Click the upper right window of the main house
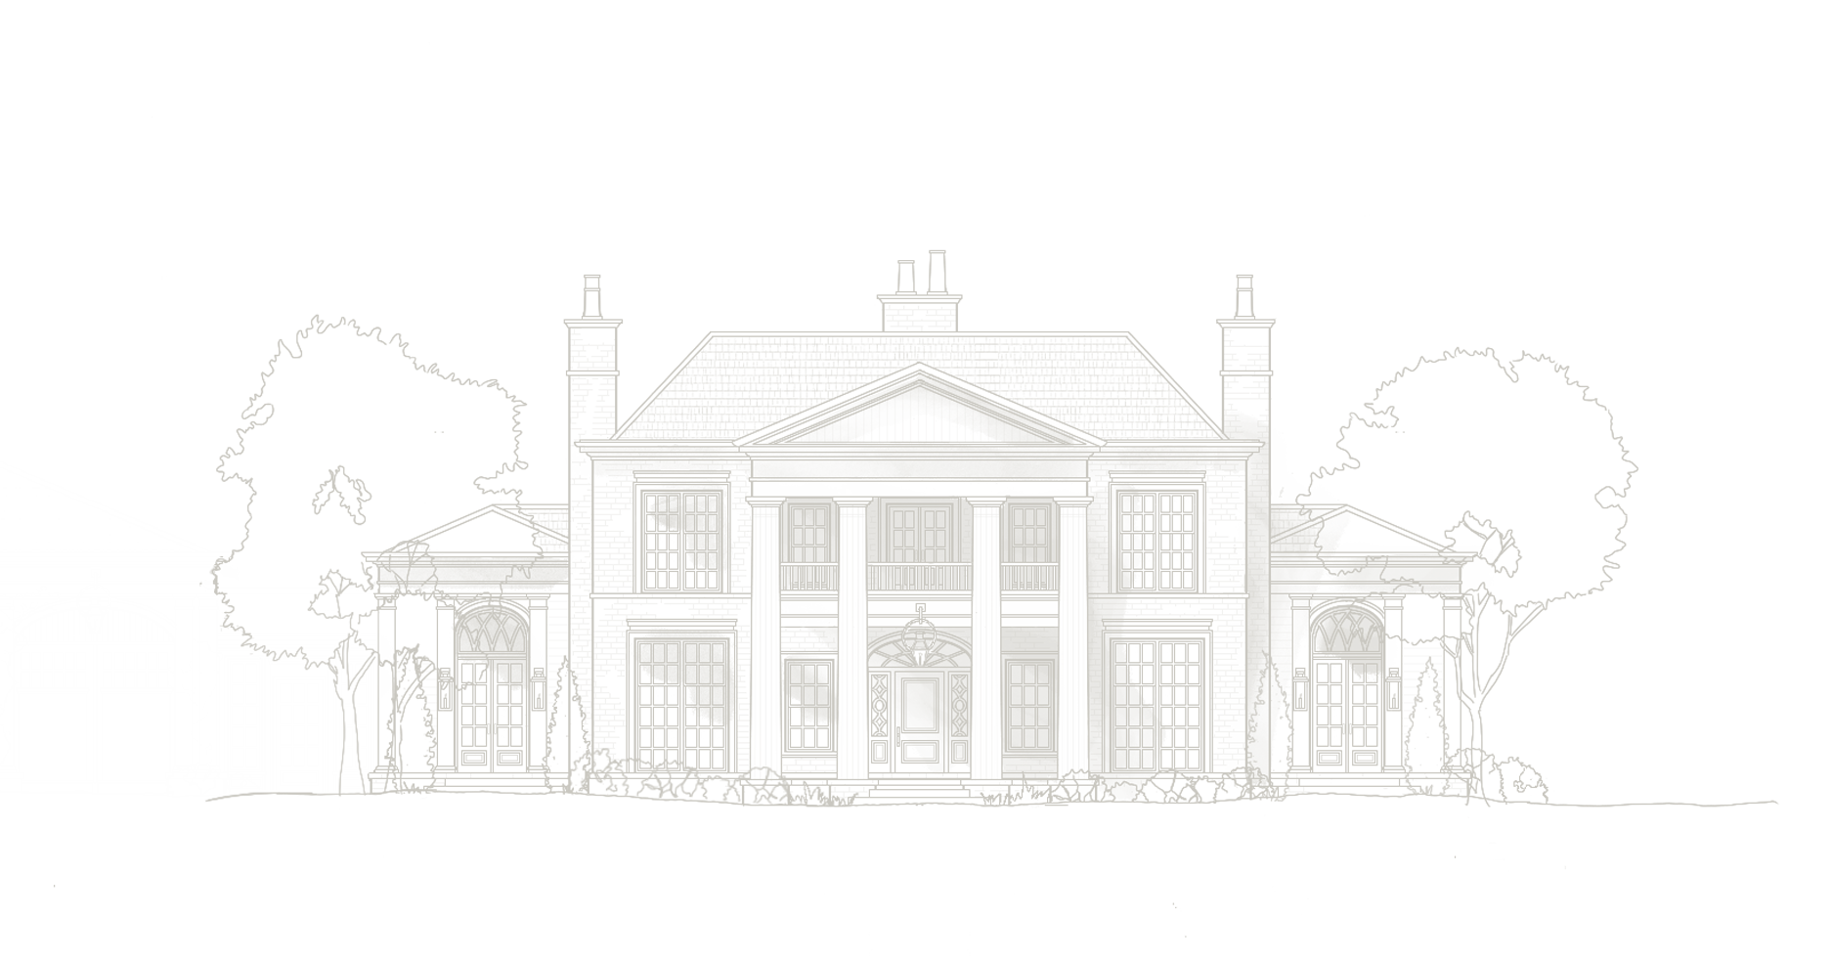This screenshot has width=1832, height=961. point(1161,540)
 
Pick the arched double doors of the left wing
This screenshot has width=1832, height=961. point(494,709)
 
